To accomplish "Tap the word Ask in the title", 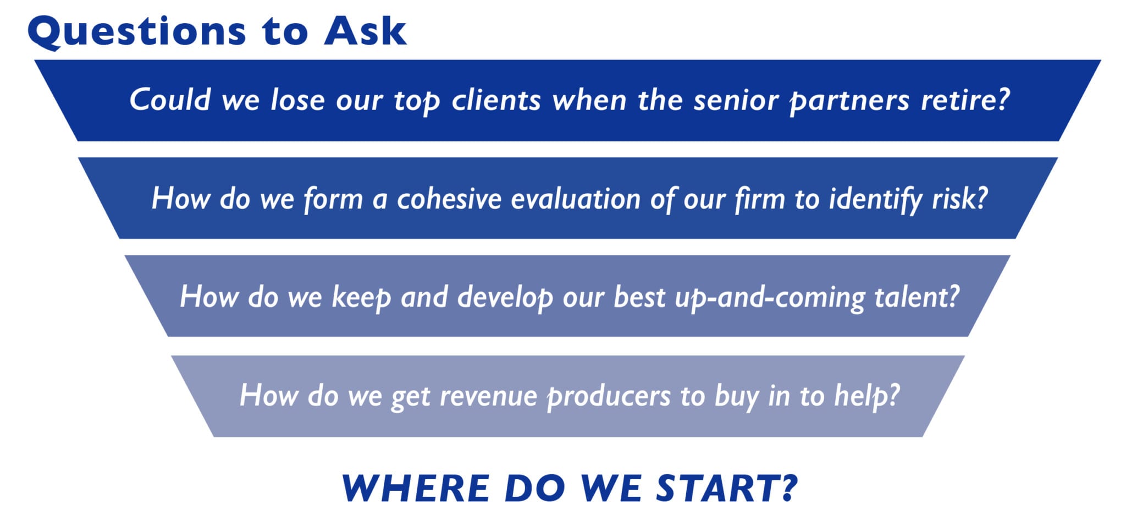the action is pyautogui.click(x=365, y=31).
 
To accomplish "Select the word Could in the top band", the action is pyautogui.click(x=170, y=100).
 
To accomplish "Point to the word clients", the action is pyautogui.click(x=496, y=100).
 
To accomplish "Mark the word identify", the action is pyautogui.click(x=876, y=200).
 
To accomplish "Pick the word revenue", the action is pyautogui.click(x=488, y=396).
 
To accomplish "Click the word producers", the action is pyautogui.click(x=609, y=397).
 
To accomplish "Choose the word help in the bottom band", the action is pyautogui.click(x=867, y=396).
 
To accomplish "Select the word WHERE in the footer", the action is pyautogui.click(x=416, y=488).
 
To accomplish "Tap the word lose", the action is pyautogui.click(x=297, y=100).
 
